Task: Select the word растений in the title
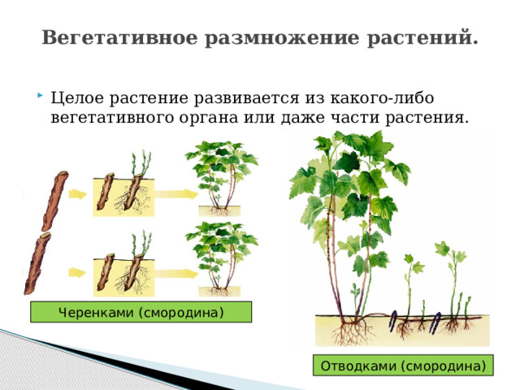click(423, 38)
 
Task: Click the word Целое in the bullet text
click(76, 98)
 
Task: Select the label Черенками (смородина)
click(141, 312)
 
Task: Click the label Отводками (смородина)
click(404, 366)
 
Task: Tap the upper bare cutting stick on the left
click(55, 196)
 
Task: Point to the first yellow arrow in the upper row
click(78, 194)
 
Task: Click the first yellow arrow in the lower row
click(78, 272)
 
